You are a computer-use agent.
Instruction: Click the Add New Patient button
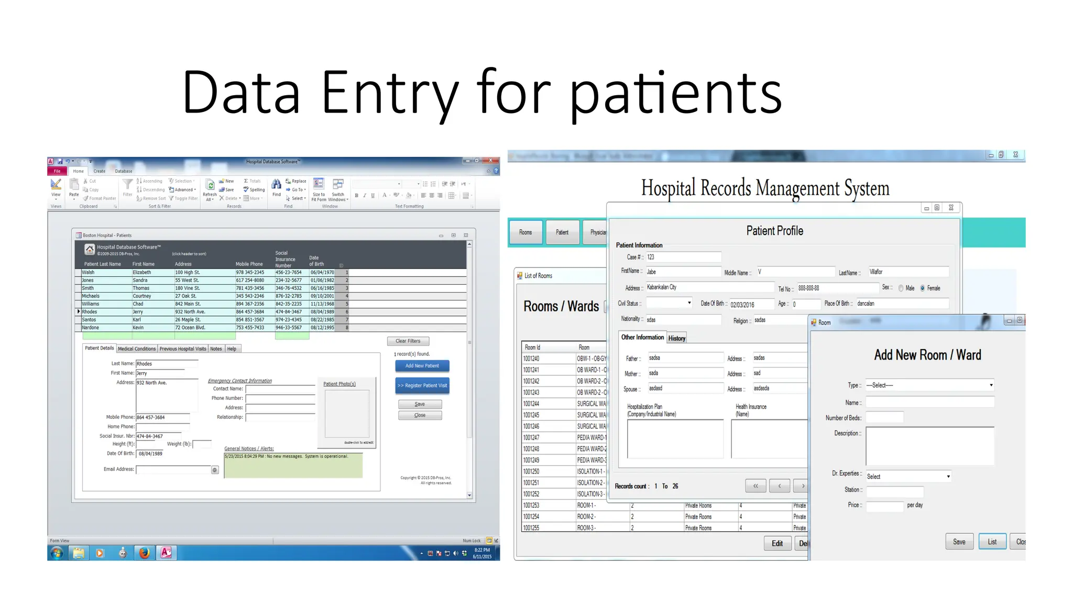point(422,366)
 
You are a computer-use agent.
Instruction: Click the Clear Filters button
point(408,341)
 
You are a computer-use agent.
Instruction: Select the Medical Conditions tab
point(137,349)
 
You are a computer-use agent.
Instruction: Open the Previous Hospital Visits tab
point(183,349)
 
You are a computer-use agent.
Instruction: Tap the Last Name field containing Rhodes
point(167,364)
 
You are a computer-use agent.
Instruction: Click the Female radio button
point(923,288)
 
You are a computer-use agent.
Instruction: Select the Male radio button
point(901,288)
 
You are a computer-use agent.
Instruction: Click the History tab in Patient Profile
point(676,338)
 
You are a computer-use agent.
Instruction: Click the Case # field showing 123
point(683,257)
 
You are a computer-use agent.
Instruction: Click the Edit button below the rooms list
point(777,543)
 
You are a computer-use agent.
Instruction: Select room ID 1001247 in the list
point(531,438)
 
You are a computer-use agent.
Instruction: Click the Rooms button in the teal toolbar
point(525,232)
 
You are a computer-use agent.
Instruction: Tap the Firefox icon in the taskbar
point(144,553)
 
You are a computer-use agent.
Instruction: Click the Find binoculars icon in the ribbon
point(277,184)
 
